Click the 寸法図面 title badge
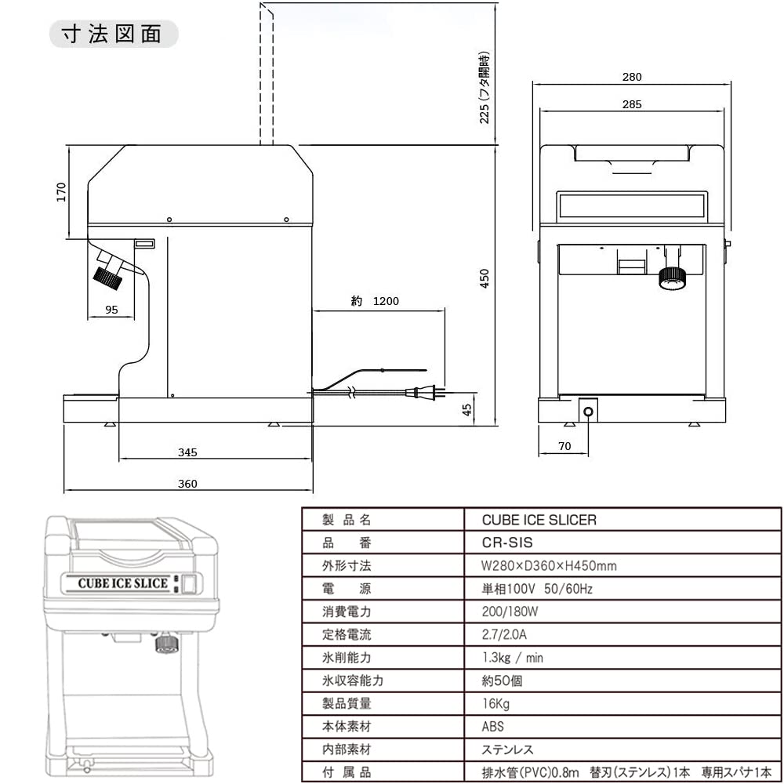[x=114, y=34]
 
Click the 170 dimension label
[x=61, y=192]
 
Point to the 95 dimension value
[x=111, y=310]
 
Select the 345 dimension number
[x=187, y=452]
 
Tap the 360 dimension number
[x=187, y=484]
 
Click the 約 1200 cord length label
[x=376, y=301]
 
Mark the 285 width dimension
[x=632, y=104]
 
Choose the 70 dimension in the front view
[x=564, y=446]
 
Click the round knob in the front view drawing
[x=672, y=277]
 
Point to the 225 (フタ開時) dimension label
[x=485, y=86]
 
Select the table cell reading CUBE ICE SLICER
[x=539, y=520]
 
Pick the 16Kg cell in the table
[x=496, y=704]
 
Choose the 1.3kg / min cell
[x=513, y=658]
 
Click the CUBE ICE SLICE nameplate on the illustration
[x=122, y=583]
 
